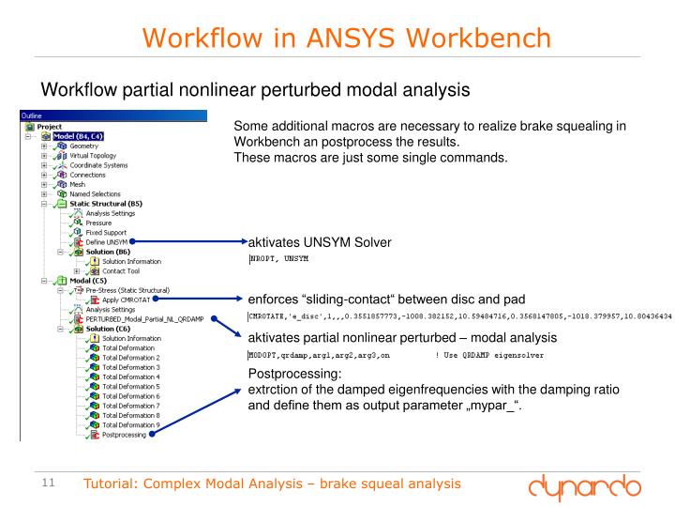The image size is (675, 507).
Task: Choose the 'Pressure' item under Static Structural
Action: tap(99, 223)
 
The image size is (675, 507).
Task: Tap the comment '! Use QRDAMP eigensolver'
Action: tap(488, 356)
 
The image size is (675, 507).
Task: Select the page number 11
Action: tap(50, 484)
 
